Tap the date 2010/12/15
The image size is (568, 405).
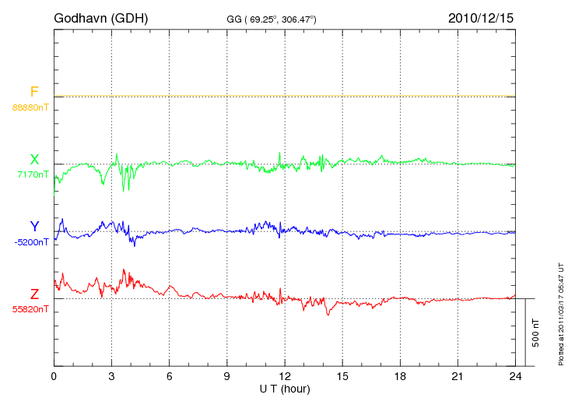click(481, 17)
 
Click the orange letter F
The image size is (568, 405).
click(34, 93)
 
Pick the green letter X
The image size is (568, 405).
click(34, 160)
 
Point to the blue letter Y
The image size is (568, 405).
click(34, 227)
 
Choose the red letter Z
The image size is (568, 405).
click(34, 294)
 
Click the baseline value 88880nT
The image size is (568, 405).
click(30, 107)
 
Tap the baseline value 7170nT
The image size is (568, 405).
click(33, 174)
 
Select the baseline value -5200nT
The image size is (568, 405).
click(31, 241)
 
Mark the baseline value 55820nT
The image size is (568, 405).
click(30, 309)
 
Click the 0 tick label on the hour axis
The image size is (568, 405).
click(54, 377)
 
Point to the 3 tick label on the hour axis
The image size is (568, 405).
click(111, 377)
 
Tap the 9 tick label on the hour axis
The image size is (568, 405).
click(226, 377)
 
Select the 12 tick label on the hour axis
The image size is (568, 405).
click(285, 377)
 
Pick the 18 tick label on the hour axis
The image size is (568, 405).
click(400, 377)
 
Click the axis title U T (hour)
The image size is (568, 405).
click(285, 389)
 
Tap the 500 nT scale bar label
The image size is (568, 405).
click(536, 333)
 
